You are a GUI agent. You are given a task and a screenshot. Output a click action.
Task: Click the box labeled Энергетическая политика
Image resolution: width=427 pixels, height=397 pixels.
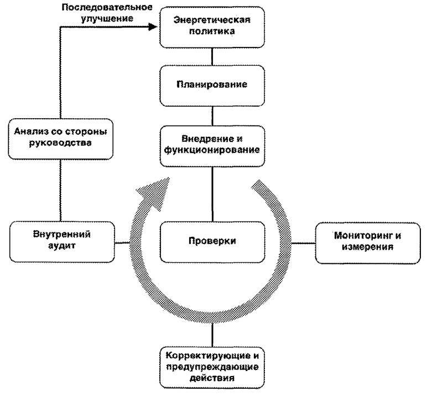coord(212,27)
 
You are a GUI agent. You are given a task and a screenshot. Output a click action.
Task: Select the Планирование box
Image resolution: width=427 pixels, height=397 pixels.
coord(212,85)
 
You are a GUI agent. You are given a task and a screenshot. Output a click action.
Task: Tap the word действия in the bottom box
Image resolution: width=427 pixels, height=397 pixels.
coord(212,378)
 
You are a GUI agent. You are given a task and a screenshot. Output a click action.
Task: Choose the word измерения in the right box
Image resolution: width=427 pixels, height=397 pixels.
coord(367,247)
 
